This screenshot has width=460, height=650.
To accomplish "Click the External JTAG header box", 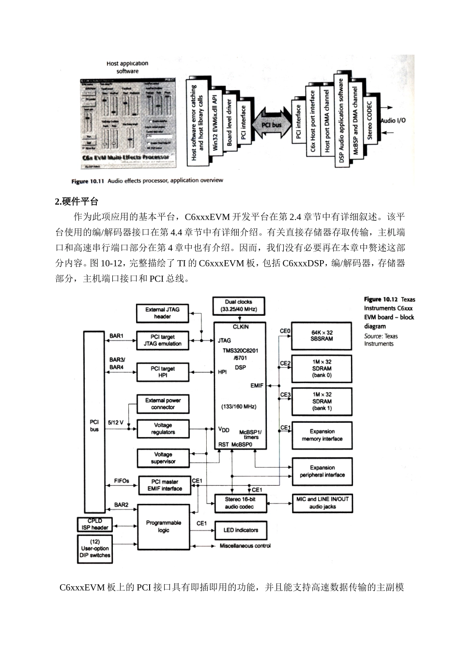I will [162, 313].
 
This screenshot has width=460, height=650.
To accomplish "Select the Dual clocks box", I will [238, 306].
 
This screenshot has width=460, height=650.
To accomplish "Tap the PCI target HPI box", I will [162, 371].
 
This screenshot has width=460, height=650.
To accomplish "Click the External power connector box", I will [163, 404].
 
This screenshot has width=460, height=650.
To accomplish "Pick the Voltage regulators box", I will [163, 428].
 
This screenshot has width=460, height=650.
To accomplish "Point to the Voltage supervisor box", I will [163, 458].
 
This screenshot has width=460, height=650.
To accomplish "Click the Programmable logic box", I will [163, 526].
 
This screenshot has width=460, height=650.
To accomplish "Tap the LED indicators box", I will [240, 530].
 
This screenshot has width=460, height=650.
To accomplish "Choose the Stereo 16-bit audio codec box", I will [239, 503].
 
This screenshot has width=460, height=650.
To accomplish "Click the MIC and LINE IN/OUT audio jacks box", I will [322, 503].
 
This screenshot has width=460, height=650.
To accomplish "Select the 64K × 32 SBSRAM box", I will [322, 336].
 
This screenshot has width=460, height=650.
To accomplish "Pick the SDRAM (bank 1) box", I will [322, 401].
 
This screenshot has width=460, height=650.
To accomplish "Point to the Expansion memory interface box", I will [322, 435].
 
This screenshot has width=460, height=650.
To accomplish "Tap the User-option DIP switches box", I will [95, 548].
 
